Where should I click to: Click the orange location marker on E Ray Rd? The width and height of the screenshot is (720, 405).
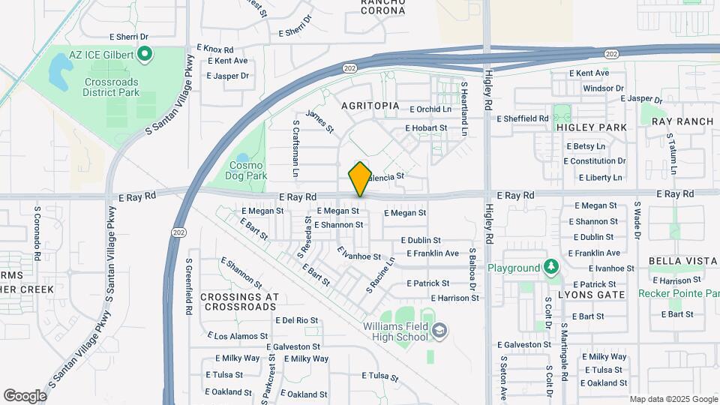360,179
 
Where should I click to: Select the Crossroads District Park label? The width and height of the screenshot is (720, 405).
112,86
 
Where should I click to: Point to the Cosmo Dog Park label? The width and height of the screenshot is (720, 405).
247,170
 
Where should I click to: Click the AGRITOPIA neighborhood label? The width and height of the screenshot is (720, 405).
370,106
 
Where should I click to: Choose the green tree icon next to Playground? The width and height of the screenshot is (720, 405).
551,267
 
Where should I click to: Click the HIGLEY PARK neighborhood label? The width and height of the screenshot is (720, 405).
592,127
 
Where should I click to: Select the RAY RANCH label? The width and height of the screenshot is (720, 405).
682,121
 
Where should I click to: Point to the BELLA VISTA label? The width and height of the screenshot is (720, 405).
678,268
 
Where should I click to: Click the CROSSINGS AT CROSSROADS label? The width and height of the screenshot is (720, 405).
240,301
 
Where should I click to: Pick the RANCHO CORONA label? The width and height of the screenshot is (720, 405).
382,7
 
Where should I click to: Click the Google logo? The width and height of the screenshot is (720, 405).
25,395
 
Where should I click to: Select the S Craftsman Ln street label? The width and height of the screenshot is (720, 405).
296,149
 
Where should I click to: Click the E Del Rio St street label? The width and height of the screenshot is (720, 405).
297,320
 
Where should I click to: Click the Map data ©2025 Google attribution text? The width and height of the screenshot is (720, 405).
673,399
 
